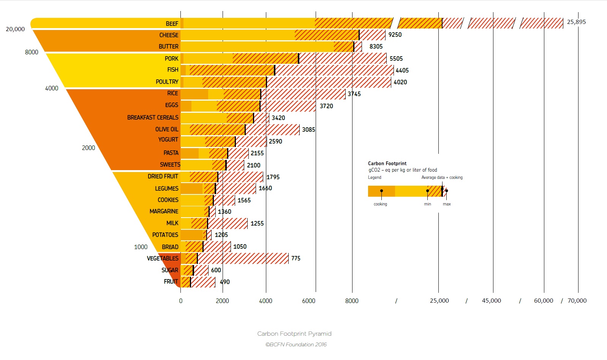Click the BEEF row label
point(172,24)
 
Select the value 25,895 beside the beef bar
point(576,22)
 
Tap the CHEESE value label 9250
point(395,35)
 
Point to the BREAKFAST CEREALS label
point(153,117)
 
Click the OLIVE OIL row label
point(166,129)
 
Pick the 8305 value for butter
point(376,46)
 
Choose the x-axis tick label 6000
point(308,301)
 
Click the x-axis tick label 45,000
point(491,300)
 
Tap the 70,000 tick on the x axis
point(577,300)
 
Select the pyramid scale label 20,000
point(15,29)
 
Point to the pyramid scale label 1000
point(141,247)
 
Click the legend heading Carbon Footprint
point(387,163)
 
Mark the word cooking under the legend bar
point(380,204)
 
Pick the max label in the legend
point(447,204)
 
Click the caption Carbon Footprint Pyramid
point(294,333)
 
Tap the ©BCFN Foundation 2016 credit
point(296,344)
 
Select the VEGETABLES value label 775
point(296,258)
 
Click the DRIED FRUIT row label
point(163,176)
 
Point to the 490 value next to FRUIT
point(225,282)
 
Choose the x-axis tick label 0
point(181,301)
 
